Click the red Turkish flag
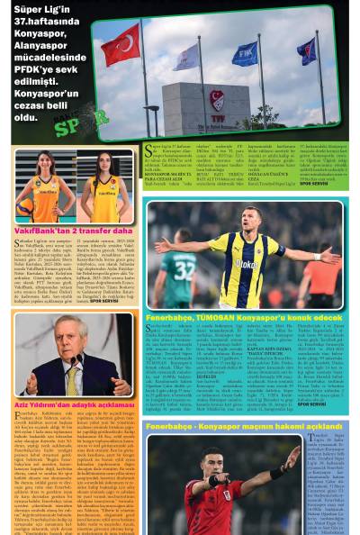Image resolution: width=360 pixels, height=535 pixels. [x=121, y=46]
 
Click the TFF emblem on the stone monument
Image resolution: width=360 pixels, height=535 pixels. [x=217, y=97]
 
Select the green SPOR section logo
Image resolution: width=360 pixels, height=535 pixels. [x=81, y=127]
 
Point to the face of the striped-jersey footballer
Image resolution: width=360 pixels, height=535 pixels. [x=249, y=221]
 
